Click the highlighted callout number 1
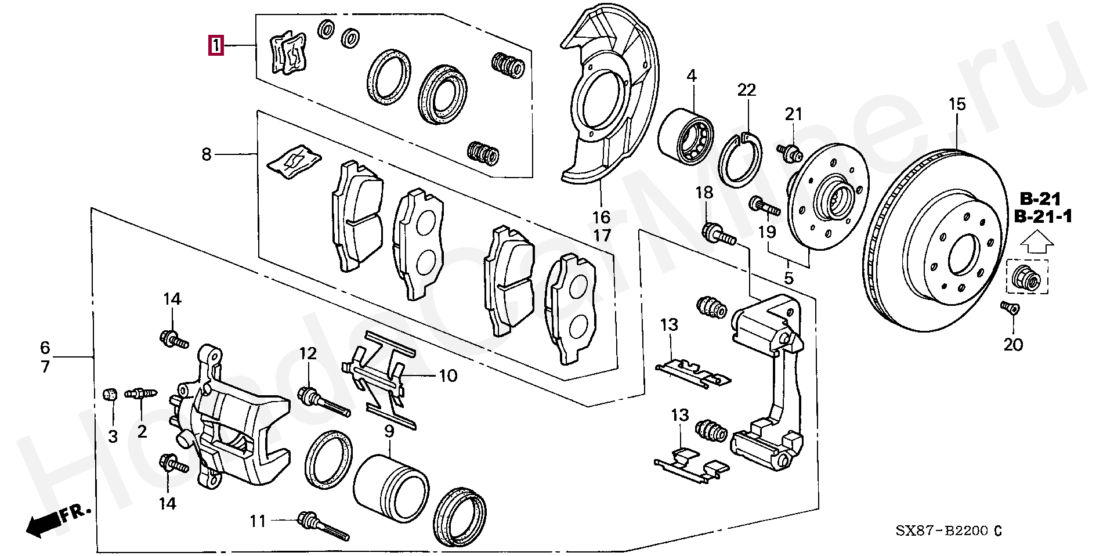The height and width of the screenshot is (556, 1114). [216, 45]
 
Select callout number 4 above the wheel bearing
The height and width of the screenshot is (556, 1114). [691, 75]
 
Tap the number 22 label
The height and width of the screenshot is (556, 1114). [747, 90]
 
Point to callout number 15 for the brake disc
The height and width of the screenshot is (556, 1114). [957, 104]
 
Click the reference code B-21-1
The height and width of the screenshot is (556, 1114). [1043, 217]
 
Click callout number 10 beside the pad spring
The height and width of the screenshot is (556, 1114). [448, 376]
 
